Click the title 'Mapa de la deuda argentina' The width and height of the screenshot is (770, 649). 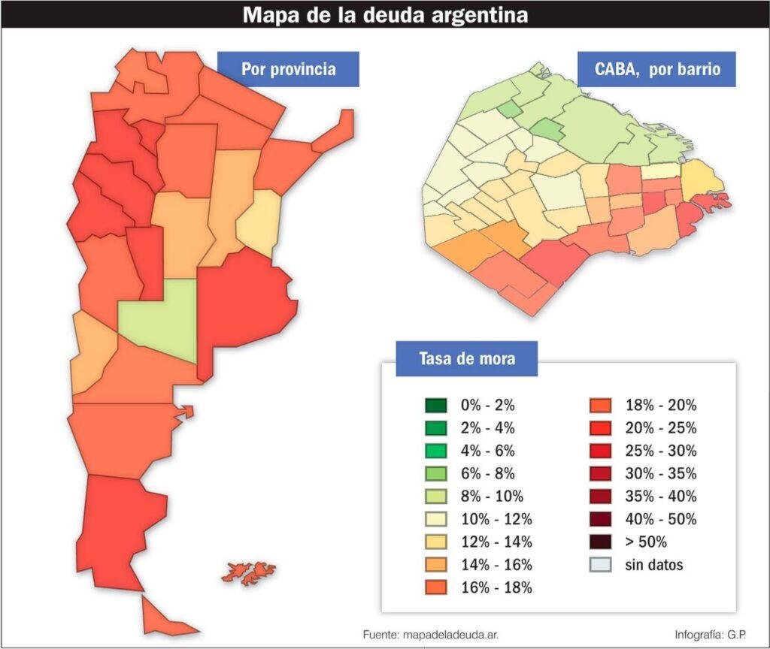click(x=385, y=15)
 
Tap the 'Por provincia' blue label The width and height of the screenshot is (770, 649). click(x=288, y=69)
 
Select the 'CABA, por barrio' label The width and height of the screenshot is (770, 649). click(x=657, y=69)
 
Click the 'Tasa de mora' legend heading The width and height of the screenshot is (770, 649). click(x=466, y=358)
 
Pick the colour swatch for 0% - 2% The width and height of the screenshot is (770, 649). click(x=435, y=406)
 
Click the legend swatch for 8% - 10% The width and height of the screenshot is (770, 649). click(x=435, y=497)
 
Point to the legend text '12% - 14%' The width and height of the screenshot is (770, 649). click(x=496, y=542)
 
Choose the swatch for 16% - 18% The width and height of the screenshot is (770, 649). click(x=435, y=587)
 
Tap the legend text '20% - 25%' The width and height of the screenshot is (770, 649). click(x=660, y=428)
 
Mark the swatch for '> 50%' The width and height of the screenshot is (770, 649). click(x=600, y=542)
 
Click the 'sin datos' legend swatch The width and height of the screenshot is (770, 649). click(x=600, y=565)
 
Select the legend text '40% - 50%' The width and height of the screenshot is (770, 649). click(x=660, y=519)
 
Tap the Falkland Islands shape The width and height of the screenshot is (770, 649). click(x=248, y=574)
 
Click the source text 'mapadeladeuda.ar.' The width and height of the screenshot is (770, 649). click(x=450, y=635)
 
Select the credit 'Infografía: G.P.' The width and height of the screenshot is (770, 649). click(x=711, y=635)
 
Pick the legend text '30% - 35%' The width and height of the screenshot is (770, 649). click(x=660, y=474)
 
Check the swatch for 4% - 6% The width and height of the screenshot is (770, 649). click(x=435, y=451)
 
